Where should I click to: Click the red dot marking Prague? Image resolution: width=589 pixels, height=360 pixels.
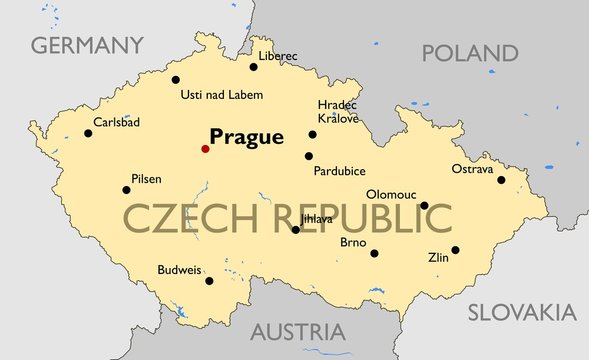(x=205, y=149)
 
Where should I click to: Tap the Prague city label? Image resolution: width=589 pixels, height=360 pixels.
(x=246, y=138)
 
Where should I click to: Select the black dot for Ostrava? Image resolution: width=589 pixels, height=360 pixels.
(x=501, y=180)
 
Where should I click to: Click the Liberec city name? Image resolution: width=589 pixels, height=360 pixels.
(x=278, y=56)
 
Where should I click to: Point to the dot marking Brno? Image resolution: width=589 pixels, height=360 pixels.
(x=375, y=253)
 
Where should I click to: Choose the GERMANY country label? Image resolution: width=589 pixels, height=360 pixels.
(x=87, y=45)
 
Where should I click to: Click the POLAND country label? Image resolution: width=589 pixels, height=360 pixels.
(x=470, y=53)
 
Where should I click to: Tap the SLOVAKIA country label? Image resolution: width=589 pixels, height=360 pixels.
(x=522, y=312)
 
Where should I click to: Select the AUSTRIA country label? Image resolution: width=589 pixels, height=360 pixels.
(x=297, y=332)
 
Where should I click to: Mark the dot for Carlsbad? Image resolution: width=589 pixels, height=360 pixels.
(x=88, y=133)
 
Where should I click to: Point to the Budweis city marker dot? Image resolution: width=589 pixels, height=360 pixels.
(x=209, y=280)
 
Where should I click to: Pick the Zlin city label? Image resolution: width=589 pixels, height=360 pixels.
(x=438, y=257)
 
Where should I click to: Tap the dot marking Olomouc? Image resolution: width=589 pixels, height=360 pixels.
(x=424, y=206)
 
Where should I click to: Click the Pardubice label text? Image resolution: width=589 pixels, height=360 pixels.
(x=339, y=171)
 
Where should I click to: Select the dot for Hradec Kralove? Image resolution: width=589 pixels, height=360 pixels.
(x=312, y=134)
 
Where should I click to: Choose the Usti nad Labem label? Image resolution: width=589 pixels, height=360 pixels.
(x=221, y=95)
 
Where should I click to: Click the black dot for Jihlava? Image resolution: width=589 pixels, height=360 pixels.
(x=295, y=230)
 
